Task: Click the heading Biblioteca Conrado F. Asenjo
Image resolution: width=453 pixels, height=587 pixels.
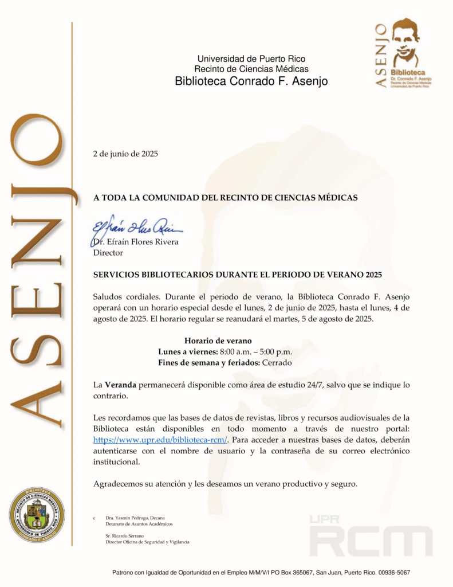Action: (x=251, y=81)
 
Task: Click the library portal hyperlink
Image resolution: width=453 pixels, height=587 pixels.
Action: (x=160, y=440)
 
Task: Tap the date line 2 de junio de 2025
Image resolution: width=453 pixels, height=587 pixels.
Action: (x=125, y=154)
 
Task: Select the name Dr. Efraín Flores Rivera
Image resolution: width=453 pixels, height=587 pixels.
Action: (x=137, y=242)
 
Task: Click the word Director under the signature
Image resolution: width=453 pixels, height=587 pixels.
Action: (x=108, y=252)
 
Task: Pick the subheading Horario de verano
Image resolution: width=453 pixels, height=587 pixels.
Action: (x=218, y=341)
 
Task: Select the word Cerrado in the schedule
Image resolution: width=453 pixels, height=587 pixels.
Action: (x=278, y=363)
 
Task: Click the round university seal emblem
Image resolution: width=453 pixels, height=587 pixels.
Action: (x=37, y=514)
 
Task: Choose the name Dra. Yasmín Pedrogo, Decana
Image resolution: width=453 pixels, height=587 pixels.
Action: (x=135, y=518)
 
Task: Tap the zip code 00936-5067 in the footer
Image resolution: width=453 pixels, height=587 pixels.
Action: (x=392, y=573)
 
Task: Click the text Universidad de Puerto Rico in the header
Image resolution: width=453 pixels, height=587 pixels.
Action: (x=251, y=58)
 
